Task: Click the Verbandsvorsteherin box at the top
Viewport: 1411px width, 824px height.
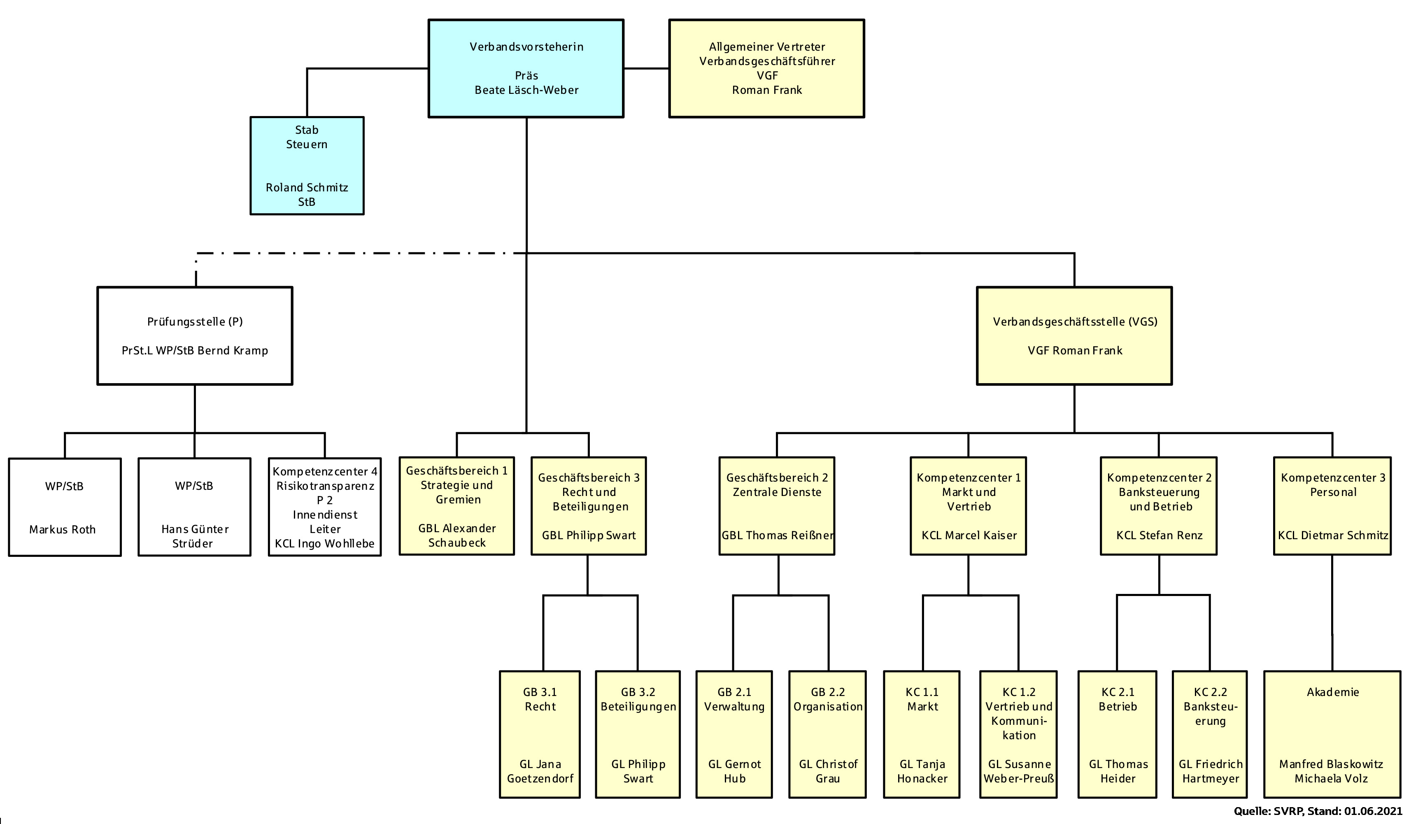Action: point(526,68)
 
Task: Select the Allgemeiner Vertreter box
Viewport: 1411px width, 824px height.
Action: point(766,68)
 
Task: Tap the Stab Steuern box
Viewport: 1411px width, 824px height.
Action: point(307,166)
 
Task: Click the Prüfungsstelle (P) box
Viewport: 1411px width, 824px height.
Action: point(195,336)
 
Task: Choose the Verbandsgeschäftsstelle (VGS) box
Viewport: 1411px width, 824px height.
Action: point(1074,336)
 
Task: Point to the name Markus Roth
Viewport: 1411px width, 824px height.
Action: point(63,530)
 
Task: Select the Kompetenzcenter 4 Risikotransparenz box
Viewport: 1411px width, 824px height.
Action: point(325,507)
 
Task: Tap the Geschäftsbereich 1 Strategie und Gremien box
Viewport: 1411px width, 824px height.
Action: point(457,506)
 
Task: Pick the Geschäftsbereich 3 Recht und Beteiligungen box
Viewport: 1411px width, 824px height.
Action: point(589,506)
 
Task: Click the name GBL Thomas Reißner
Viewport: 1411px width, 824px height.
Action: point(777,535)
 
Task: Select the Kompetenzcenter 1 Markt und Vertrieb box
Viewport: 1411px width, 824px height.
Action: point(968,506)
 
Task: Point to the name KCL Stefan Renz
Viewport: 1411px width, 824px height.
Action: point(1159,535)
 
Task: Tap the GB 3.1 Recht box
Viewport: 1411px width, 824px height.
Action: point(540,734)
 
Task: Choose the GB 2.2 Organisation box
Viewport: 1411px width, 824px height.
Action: point(828,734)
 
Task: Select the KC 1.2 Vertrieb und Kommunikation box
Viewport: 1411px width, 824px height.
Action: point(1018,734)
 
